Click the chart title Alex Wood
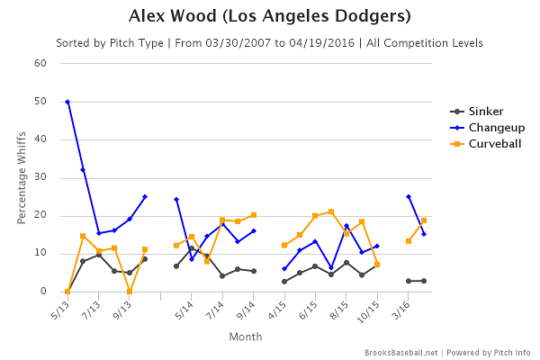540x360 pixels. click(x=270, y=16)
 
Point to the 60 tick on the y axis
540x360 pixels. click(x=40, y=64)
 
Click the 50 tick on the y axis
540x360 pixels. click(x=40, y=102)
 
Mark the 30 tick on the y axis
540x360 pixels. click(x=40, y=177)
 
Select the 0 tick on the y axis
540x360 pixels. click(x=43, y=292)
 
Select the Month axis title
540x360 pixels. click(x=245, y=336)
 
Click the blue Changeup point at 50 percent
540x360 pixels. click(x=67, y=102)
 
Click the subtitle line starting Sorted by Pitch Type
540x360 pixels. click(x=270, y=42)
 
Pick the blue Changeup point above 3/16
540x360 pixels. click(x=409, y=196)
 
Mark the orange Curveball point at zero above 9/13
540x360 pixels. click(x=130, y=292)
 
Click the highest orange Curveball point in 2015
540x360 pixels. click(x=331, y=211)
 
